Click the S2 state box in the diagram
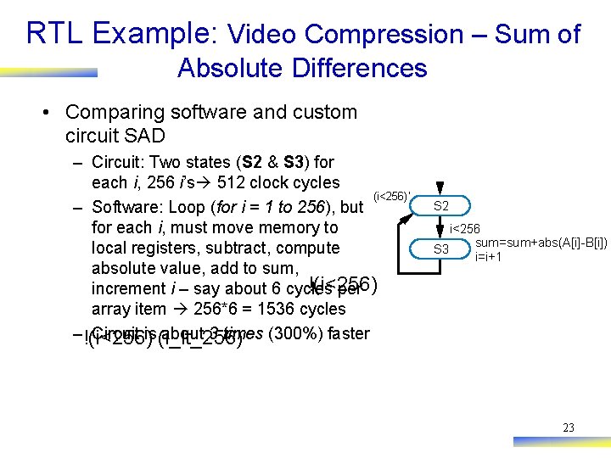coord(441,206)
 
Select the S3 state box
coord(441,249)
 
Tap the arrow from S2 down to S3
coord(441,227)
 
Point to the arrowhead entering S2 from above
coord(441,192)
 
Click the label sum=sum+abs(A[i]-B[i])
coord(547,243)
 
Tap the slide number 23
coord(569,427)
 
